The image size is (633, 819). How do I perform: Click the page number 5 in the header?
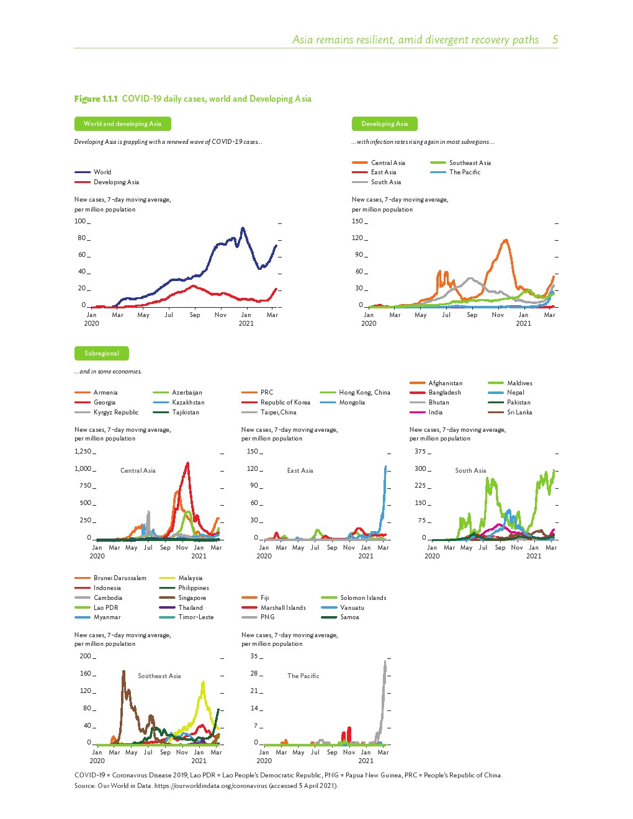pos(555,40)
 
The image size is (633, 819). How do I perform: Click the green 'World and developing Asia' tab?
pos(122,123)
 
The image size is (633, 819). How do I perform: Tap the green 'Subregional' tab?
pos(101,353)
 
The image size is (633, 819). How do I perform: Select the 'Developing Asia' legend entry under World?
pos(116,182)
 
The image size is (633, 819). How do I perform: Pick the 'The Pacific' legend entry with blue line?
pos(464,172)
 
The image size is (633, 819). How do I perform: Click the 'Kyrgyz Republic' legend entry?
pos(115,413)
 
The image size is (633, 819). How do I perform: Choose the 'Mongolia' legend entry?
pos(352,403)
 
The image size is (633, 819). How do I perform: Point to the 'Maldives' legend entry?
pos(519,383)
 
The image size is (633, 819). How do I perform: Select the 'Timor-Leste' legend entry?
pos(195,617)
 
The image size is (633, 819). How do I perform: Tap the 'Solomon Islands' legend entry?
pos(363,598)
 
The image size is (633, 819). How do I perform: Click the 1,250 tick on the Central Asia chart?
pos(83,452)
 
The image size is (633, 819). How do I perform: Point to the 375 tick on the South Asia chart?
pos(420,452)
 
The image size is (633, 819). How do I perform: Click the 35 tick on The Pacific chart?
pos(254,656)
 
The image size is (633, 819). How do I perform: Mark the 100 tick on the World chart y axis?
pos(80,222)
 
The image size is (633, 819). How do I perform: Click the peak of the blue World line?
pos(243,228)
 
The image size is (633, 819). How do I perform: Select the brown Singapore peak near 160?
pos(123,671)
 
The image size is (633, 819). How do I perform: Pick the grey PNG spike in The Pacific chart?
pos(385,661)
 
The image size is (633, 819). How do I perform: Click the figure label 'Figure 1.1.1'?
pos(96,99)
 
